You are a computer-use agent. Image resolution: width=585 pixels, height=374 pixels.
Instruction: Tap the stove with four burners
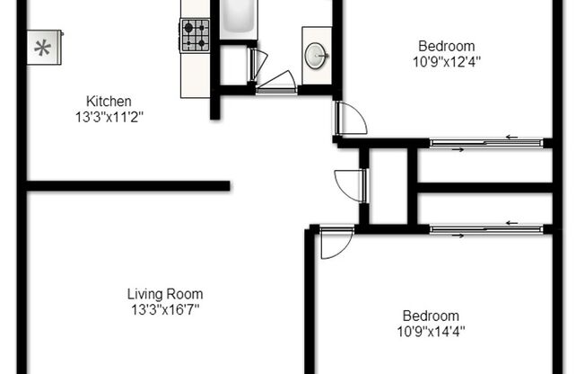click(195, 35)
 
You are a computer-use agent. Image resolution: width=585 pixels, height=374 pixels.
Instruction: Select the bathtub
click(239, 18)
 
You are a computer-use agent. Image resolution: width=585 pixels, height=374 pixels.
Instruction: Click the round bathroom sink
click(316, 56)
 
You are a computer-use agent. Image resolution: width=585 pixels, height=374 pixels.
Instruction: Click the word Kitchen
click(109, 101)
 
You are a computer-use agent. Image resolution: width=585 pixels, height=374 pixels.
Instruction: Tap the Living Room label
click(164, 294)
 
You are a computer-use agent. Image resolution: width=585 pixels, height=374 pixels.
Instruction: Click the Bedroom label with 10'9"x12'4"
click(446, 47)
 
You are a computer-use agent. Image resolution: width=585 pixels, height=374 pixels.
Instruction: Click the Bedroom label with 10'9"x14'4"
click(430, 316)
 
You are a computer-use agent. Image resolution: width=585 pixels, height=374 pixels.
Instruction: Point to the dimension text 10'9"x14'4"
click(432, 330)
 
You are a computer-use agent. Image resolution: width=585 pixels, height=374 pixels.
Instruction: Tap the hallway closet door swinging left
click(350, 185)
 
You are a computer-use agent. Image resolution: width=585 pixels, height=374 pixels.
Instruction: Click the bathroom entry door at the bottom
click(275, 81)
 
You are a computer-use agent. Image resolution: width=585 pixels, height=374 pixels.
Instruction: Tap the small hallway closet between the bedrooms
click(388, 187)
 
